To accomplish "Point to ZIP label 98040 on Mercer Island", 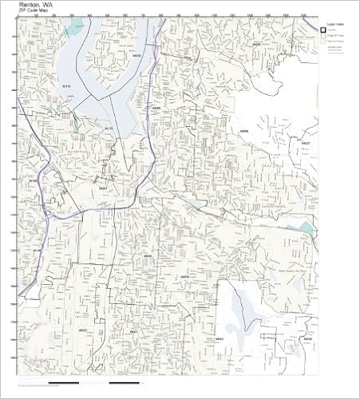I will pos(136,56).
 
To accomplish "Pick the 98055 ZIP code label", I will pos(148,256).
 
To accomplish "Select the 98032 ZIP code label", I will pos(83,329).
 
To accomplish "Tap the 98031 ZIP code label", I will pos(134,331).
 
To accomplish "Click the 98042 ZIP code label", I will pos(217,338).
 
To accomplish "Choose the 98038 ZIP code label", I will pos(307,338).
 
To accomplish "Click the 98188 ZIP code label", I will pos(36,250).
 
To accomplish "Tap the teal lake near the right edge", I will pos(306,228).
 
